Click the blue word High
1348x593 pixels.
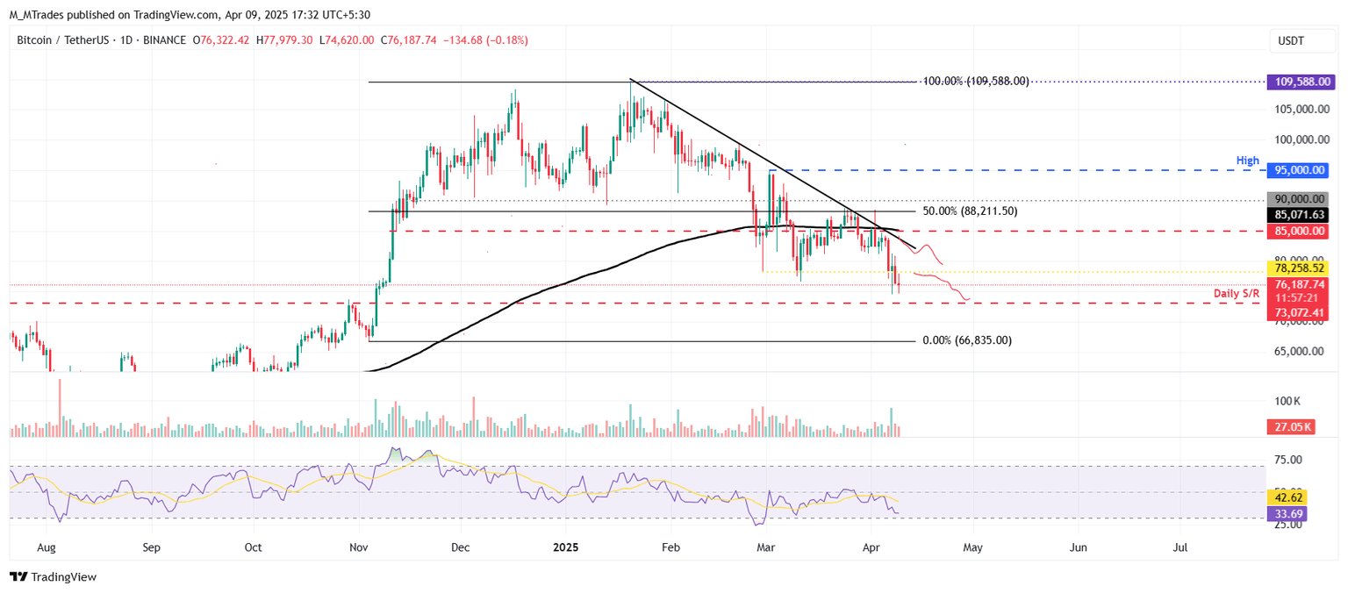click(x=1248, y=161)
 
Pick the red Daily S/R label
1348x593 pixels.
click(x=1237, y=294)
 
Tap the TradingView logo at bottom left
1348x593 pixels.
click(x=53, y=576)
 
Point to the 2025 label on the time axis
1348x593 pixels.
click(x=565, y=547)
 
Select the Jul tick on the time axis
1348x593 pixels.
click(x=1181, y=547)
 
